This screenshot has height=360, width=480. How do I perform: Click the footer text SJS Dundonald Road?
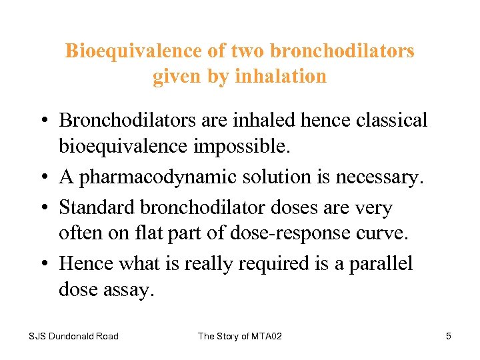coord(73,336)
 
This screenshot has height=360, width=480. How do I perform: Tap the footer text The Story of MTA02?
coord(240,336)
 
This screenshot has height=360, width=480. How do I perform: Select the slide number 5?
coord(449,336)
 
